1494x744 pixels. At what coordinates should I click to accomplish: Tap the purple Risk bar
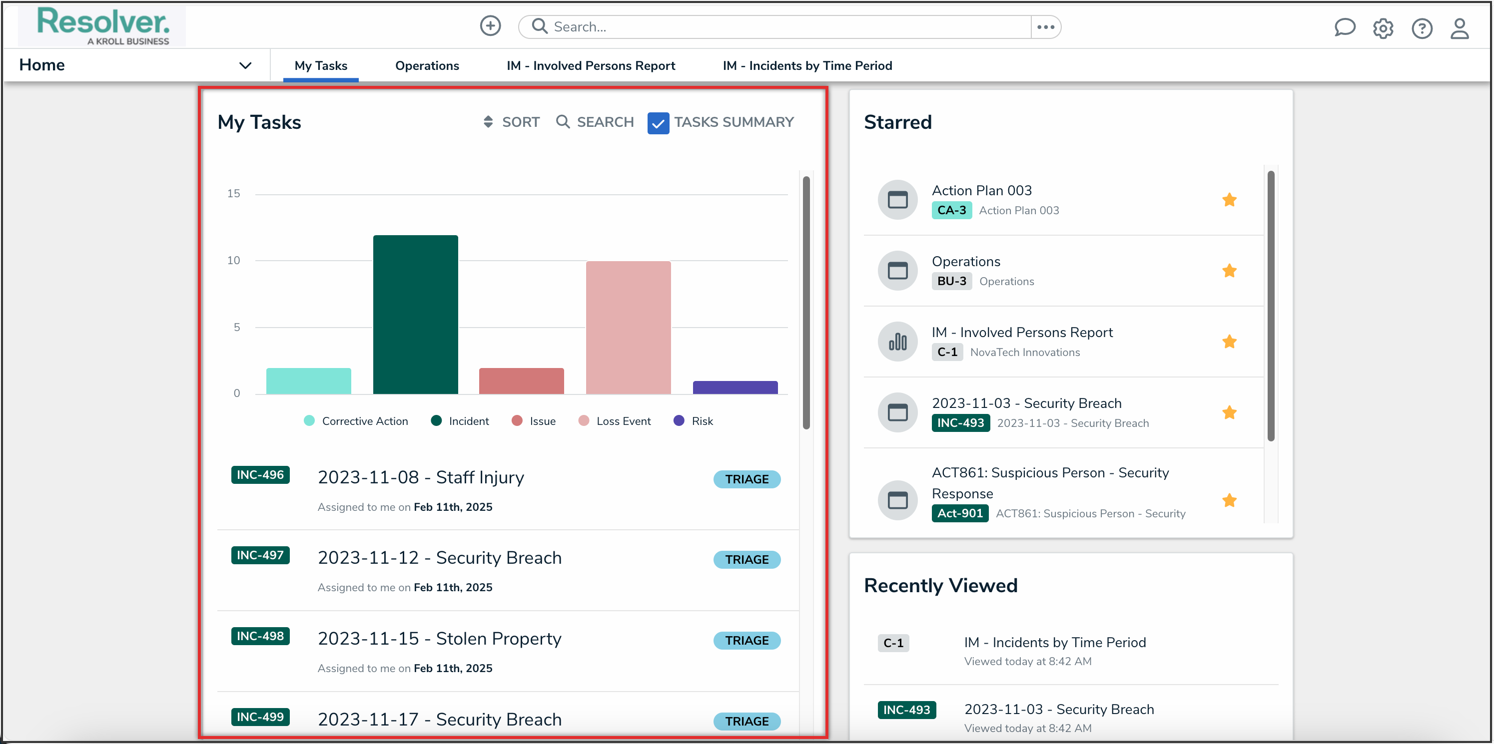click(735, 387)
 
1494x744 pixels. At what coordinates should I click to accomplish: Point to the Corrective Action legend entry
click(356, 421)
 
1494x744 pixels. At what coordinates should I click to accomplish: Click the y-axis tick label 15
click(233, 194)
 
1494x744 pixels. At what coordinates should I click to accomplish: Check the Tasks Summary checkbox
click(658, 123)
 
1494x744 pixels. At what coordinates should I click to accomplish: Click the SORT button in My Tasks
click(512, 122)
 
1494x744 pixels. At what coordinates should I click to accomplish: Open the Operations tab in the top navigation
click(427, 65)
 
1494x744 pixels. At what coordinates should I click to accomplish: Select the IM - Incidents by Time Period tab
click(807, 65)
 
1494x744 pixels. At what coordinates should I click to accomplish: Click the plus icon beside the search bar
click(490, 26)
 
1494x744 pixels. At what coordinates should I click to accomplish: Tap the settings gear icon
click(1383, 28)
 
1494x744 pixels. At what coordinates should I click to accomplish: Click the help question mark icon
click(1422, 28)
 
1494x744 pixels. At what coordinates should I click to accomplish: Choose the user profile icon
click(1459, 28)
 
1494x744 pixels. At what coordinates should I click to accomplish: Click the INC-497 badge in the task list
click(260, 555)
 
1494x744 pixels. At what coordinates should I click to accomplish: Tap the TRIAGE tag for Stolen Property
click(747, 640)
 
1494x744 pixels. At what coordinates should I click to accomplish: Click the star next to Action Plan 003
click(1229, 200)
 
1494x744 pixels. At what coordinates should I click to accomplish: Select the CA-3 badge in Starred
click(951, 210)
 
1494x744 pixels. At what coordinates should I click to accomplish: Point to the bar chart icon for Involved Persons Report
click(897, 342)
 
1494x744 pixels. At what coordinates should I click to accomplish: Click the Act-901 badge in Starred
click(959, 513)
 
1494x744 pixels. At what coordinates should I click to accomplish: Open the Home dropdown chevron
click(245, 65)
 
